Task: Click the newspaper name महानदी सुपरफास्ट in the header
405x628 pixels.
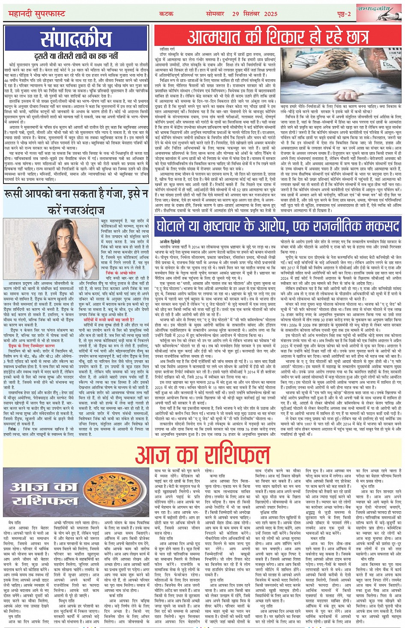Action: (37, 14)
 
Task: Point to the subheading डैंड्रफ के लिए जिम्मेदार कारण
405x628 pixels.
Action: (32, 345)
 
